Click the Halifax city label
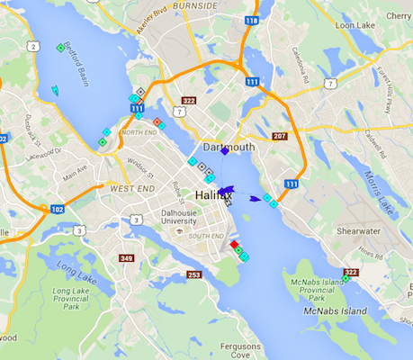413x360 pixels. (213, 194)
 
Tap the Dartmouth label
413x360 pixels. (229, 147)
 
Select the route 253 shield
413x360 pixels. (194, 275)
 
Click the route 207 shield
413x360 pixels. (279, 137)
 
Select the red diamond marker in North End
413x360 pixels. (157, 121)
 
